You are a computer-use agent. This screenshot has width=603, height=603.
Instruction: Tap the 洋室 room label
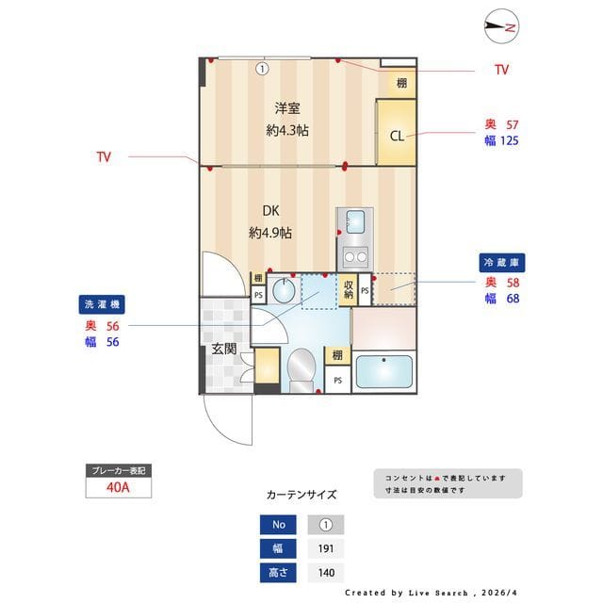pyautogui.click(x=287, y=108)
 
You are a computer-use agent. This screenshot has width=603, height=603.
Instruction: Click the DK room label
pyautogui.click(x=270, y=210)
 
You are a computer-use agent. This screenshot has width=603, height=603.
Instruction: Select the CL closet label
pyautogui.click(x=397, y=136)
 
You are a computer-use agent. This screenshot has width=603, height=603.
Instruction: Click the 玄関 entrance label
pyautogui.click(x=224, y=350)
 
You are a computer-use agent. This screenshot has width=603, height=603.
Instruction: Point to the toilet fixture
pyautogui.click(x=301, y=368)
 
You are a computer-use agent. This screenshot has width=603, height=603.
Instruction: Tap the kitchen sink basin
pyautogui.click(x=355, y=222)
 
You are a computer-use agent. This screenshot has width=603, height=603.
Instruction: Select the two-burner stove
pyautogui.click(x=355, y=254)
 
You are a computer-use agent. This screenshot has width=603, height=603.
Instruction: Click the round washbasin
pyautogui.click(x=282, y=290)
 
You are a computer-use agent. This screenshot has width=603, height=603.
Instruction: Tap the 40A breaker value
pyautogui.click(x=118, y=488)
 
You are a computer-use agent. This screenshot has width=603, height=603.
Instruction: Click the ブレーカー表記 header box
pyautogui.click(x=118, y=469)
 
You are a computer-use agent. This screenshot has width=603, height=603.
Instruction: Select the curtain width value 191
pyautogui.click(x=326, y=548)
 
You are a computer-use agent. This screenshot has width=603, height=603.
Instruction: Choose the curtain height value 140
pyautogui.click(x=326, y=572)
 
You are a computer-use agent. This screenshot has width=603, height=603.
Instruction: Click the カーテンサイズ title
pyautogui.click(x=301, y=495)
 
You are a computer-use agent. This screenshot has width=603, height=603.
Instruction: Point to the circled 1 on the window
pyautogui.click(x=262, y=68)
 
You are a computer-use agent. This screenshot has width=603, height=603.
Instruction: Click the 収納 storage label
pyautogui.click(x=348, y=289)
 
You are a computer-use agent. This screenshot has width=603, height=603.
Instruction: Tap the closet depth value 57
pyautogui.click(x=513, y=124)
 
